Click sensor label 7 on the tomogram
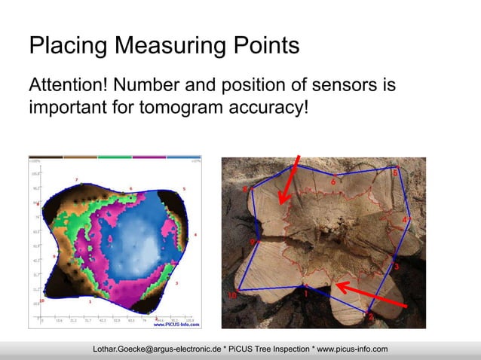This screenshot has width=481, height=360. [x=76, y=178]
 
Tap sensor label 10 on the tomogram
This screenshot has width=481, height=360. [x=41, y=300]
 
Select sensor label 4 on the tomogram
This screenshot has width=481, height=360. [x=195, y=235]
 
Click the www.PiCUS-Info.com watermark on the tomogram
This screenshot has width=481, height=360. [x=177, y=325]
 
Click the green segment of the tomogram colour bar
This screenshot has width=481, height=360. [x=115, y=158]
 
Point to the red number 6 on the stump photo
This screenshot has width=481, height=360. [x=333, y=181]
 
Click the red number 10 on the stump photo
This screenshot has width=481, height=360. [x=234, y=295]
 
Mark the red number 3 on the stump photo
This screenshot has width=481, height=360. [x=397, y=266]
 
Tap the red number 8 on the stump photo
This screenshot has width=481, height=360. [x=244, y=189]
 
